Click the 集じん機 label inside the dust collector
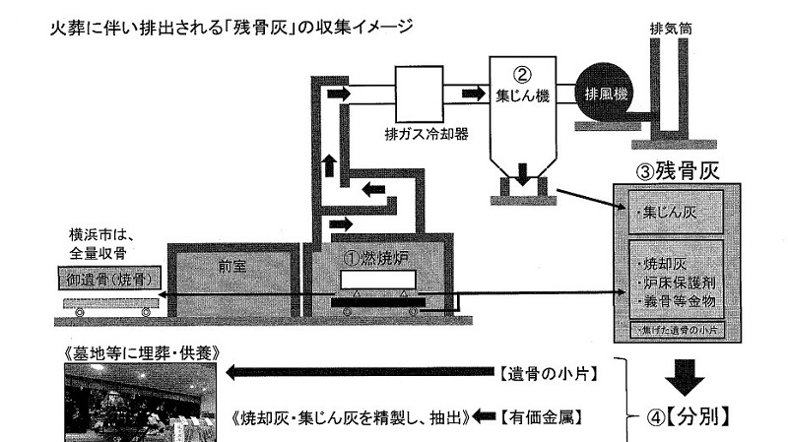click(522, 97)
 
